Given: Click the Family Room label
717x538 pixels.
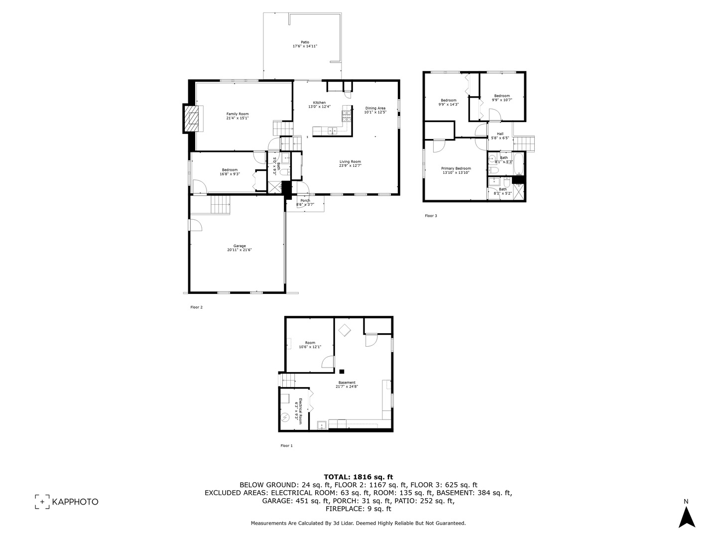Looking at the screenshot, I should coord(238,114).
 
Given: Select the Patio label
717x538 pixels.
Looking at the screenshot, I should coord(305,42).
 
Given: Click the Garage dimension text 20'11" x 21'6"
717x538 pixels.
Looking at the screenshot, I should coord(239,250).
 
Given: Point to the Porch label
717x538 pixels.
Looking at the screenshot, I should coord(305,201).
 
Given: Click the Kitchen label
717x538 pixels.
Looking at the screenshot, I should coord(319,103).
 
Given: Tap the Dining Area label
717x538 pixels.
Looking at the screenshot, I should coord(375,108).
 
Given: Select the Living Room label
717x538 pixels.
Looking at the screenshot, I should coord(350,161).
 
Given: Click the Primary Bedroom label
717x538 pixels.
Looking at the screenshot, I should coord(456,168).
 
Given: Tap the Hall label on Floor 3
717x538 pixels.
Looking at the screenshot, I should coord(500,134).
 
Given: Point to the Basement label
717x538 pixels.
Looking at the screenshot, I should coord(347,383).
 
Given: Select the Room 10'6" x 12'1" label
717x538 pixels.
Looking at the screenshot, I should coord(310,343).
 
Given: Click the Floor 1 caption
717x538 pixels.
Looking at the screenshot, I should coord(287,446).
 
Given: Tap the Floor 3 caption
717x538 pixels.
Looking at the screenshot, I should coord(431,216).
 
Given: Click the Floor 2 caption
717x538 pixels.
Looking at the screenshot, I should coord(197,307).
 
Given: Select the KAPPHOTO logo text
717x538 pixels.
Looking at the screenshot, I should coord(75,502).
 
